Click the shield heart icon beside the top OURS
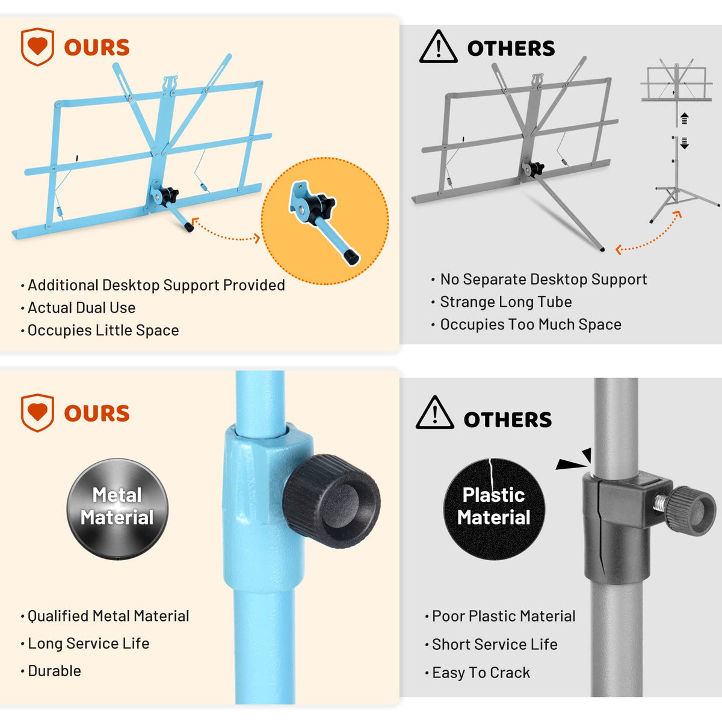click(x=37, y=47)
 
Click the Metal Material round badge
click(x=117, y=509)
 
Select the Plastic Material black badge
click(x=494, y=509)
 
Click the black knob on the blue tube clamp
click(x=332, y=501)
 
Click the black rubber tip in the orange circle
click(x=351, y=258)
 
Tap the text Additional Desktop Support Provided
click(x=156, y=285)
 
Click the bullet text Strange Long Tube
click(x=506, y=302)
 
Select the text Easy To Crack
click(x=481, y=673)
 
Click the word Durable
click(x=54, y=671)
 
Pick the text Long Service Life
click(x=88, y=643)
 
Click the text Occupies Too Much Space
click(x=531, y=324)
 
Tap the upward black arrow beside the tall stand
click(x=684, y=118)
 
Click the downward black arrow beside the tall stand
click(x=684, y=143)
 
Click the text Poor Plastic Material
click(x=504, y=616)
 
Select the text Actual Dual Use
click(x=82, y=307)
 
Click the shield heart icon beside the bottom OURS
click(x=37, y=413)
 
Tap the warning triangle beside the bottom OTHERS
click(x=434, y=413)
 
